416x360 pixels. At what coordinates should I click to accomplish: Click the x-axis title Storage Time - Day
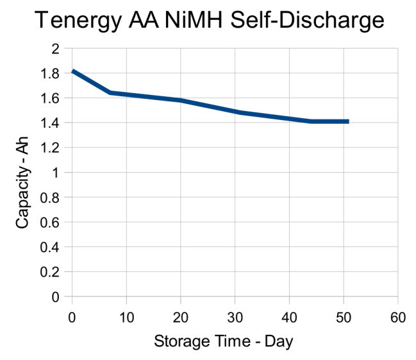[223, 341]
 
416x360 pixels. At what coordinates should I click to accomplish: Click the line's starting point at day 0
[73, 71]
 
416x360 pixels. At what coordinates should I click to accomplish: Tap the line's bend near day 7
[110, 92]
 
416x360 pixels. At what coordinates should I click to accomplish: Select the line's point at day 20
[181, 100]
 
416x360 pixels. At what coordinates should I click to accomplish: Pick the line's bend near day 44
[311, 121]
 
